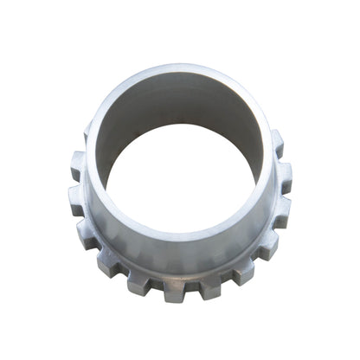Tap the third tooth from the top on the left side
(x=76, y=197)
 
